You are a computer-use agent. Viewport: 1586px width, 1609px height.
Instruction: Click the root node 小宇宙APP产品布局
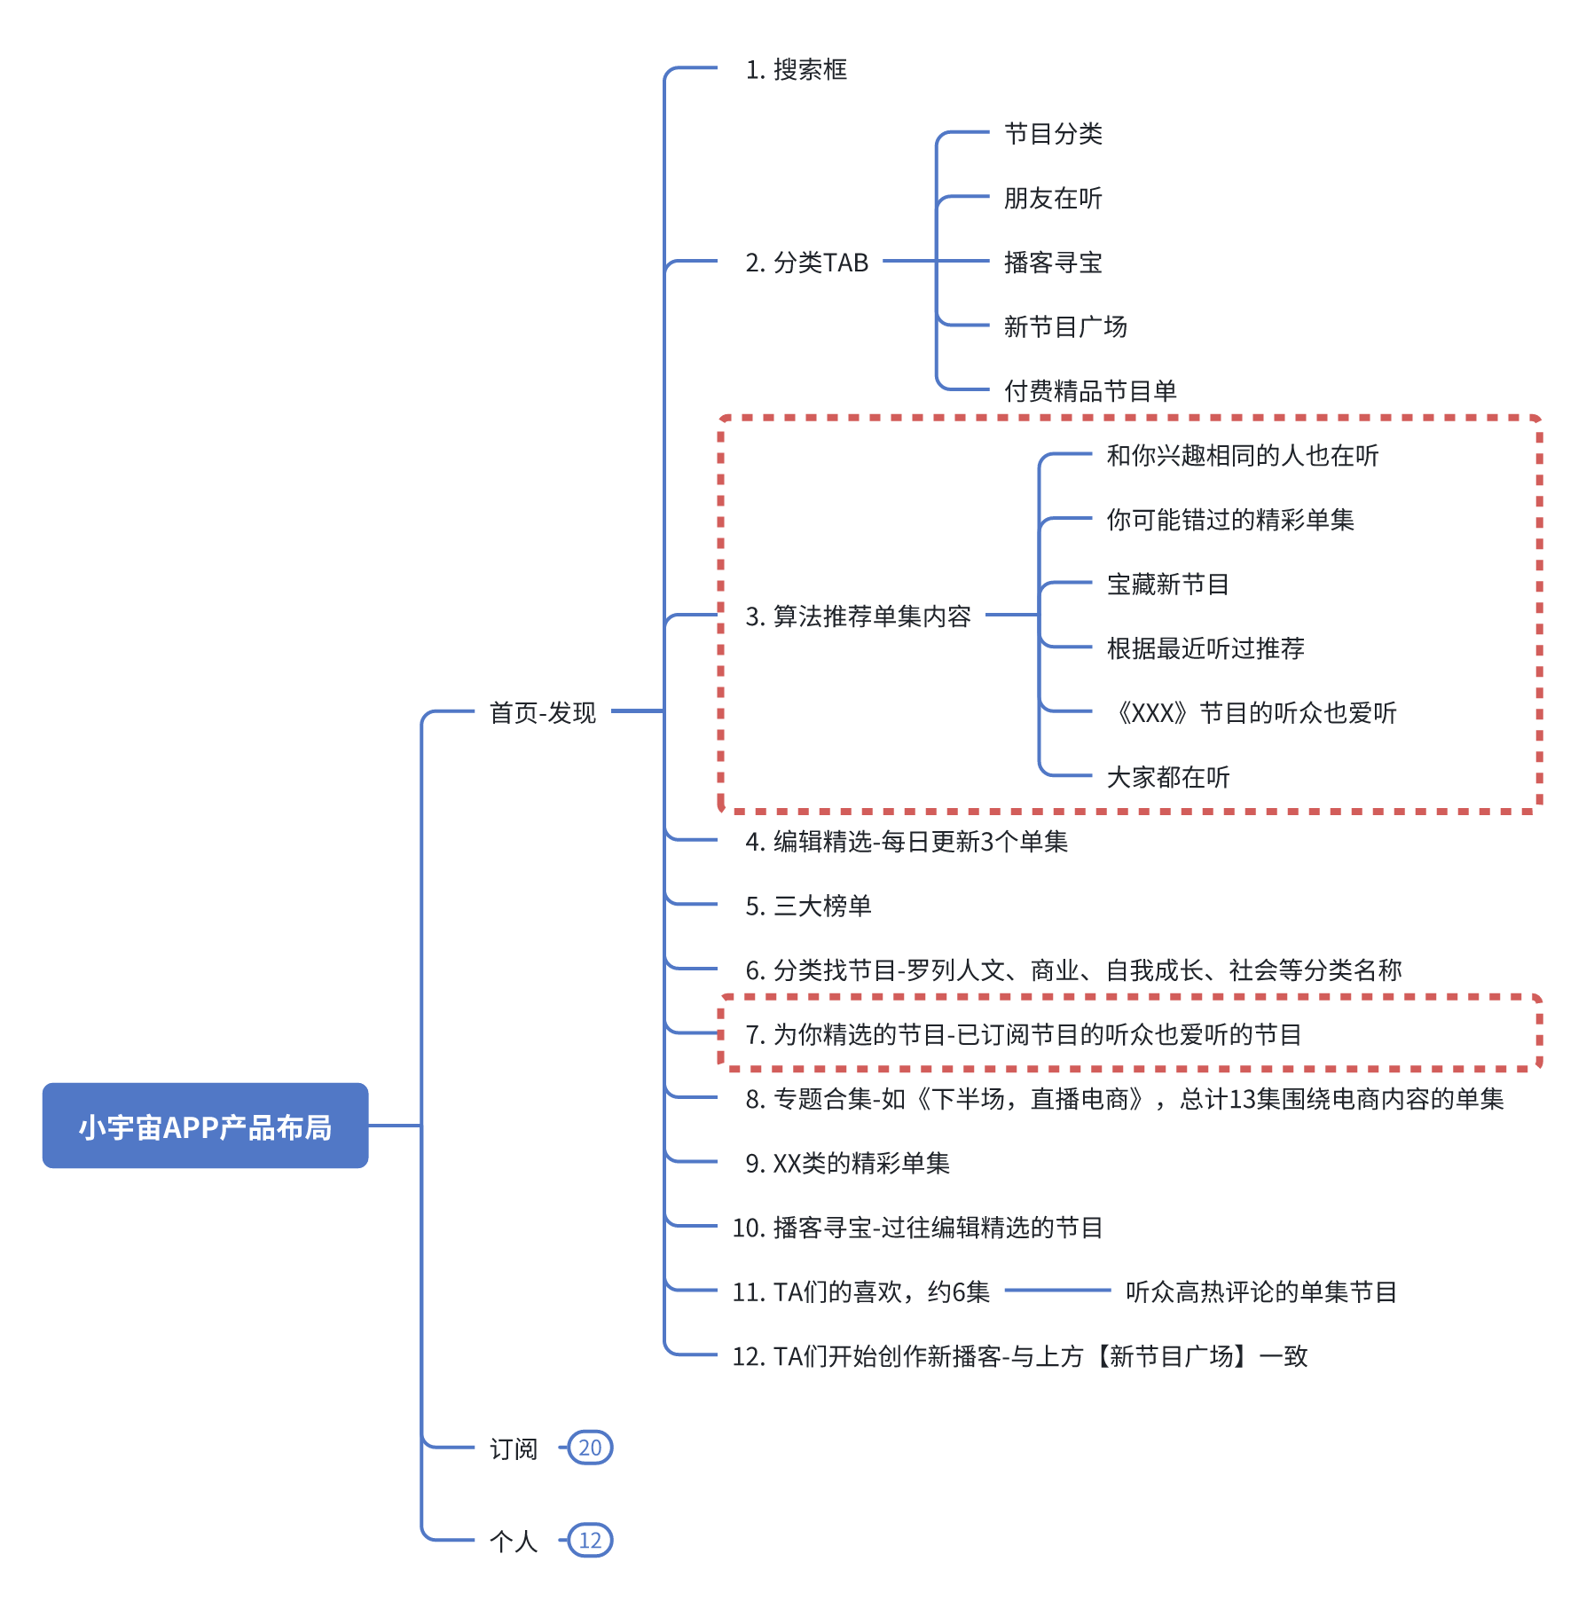(205, 1125)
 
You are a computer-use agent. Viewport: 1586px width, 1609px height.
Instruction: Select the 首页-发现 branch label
(543, 712)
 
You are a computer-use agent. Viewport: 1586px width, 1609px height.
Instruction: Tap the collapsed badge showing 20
(590, 1448)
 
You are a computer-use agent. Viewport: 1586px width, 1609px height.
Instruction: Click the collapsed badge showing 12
(590, 1540)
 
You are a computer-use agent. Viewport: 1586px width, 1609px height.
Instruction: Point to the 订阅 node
(514, 1448)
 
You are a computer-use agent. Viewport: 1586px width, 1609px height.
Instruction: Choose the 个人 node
(514, 1541)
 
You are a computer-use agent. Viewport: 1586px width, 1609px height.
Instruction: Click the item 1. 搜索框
(797, 69)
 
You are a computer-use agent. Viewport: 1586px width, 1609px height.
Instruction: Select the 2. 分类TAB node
(807, 263)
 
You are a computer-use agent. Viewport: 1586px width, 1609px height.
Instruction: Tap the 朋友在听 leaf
(1053, 198)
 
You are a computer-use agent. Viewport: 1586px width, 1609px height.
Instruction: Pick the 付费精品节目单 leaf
(1090, 390)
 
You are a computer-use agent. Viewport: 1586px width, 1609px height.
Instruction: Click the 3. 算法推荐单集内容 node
(859, 616)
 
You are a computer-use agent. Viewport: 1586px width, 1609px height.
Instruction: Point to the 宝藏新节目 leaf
(1167, 584)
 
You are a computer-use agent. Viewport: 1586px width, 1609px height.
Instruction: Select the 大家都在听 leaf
(1168, 777)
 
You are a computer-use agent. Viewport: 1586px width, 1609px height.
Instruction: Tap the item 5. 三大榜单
(809, 906)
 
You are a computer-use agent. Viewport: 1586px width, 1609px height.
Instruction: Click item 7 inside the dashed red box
(1024, 1034)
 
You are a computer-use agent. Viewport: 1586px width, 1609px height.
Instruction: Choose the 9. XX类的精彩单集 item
(848, 1163)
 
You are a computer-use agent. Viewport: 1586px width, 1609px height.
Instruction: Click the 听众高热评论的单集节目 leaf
(1261, 1291)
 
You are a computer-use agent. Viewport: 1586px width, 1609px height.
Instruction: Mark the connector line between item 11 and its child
(1058, 1291)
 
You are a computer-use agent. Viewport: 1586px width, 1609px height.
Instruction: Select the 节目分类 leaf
(1053, 134)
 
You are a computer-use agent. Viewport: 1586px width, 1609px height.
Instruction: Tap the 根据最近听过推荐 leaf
(1205, 648)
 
